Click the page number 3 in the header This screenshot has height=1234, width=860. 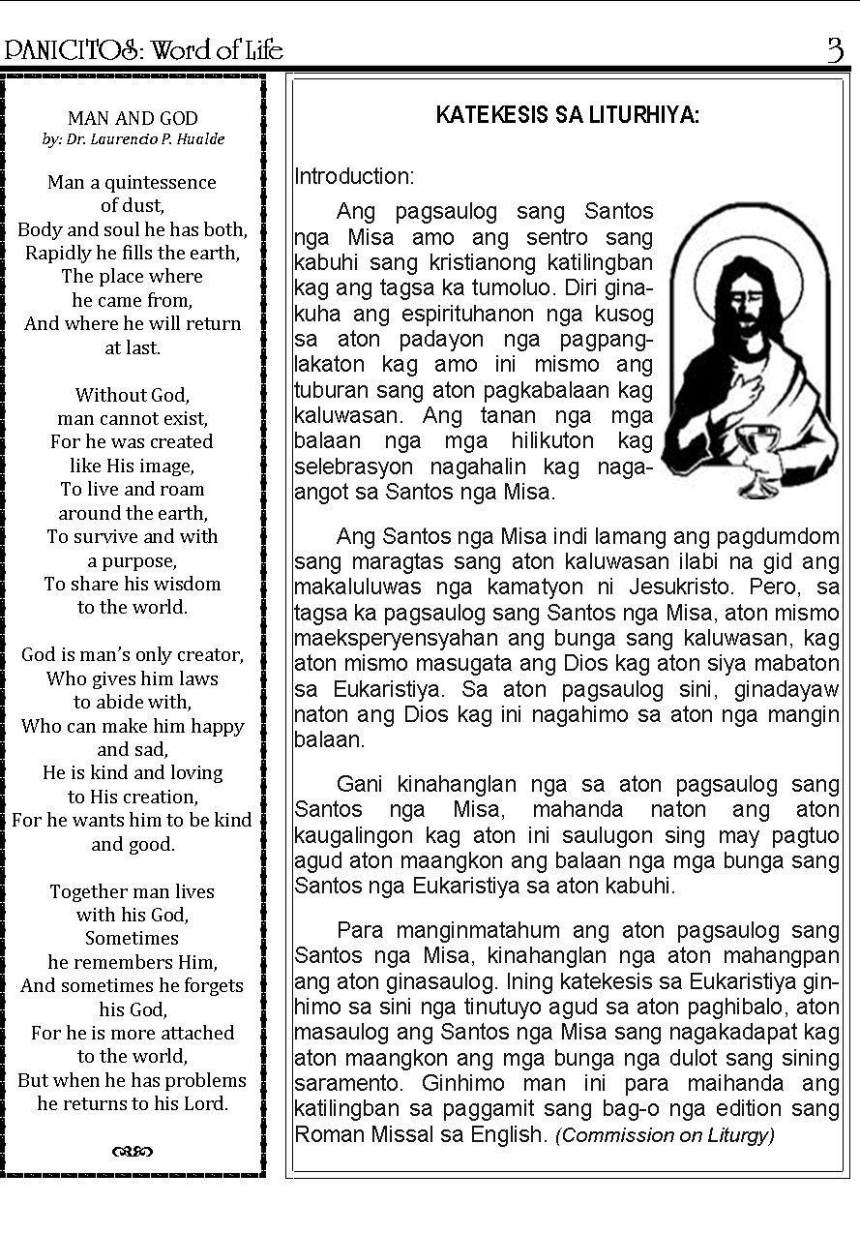835,49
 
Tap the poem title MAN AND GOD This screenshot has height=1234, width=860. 133,118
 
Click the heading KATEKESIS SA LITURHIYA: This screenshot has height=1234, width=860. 568,115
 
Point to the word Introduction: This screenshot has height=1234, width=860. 354,176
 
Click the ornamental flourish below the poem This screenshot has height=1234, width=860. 133,1151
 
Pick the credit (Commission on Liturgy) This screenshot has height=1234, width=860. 665,1135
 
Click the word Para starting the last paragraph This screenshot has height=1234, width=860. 360,930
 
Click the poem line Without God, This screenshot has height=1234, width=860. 133,395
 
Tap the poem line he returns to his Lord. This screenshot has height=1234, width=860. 133,1102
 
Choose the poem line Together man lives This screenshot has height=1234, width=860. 133,891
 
